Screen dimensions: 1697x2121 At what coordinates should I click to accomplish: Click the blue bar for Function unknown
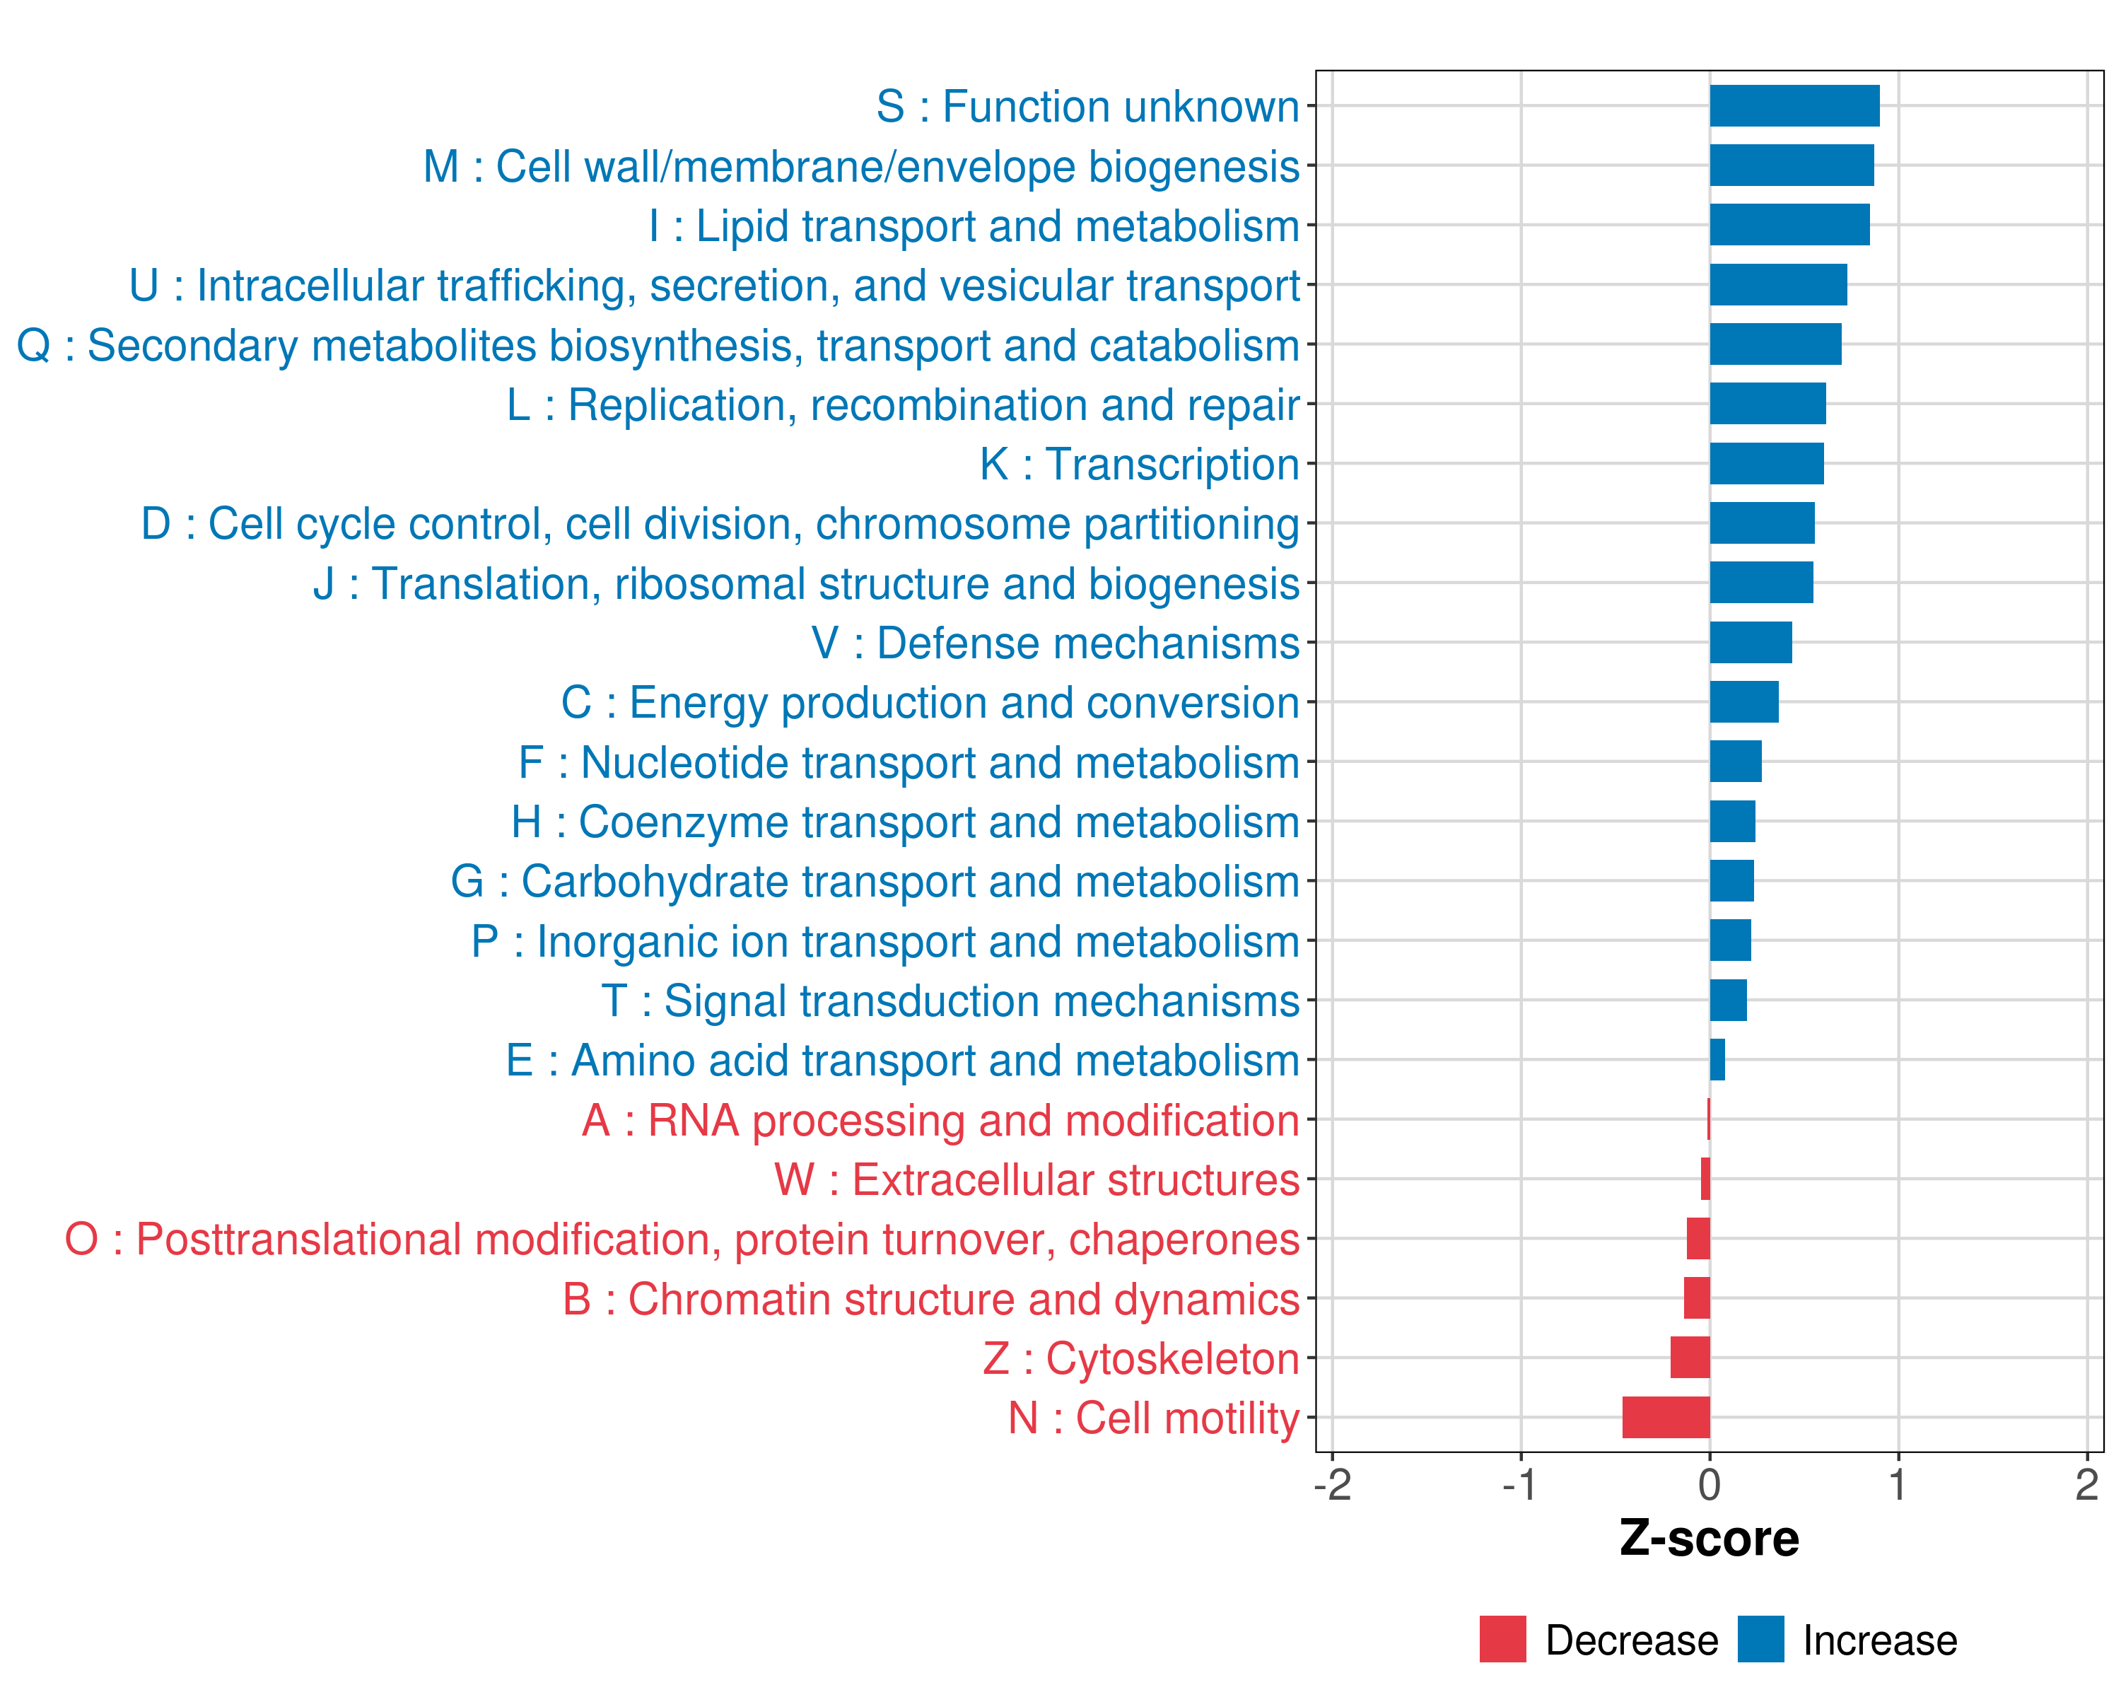[x=1794, y=106]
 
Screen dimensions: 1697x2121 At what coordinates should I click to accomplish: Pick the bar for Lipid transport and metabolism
[x=1789, y=226]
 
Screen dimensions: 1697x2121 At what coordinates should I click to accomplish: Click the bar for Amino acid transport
[x=1717, y=1059]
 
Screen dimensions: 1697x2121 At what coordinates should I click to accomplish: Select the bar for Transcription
[x=1766, y=463]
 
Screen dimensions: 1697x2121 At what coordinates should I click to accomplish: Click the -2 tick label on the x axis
[x=1332, y=1484]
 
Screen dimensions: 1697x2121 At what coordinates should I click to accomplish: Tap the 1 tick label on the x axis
[x=1898, y=1484]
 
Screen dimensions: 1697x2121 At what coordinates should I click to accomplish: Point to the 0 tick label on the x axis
[x=1710, y=1484]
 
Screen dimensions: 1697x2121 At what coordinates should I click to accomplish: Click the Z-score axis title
[x=1709, y=1538]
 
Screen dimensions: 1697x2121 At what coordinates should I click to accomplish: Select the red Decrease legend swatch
[x=1502, y=1639]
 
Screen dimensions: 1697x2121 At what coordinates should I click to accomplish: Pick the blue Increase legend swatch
[x=1760, y=1639]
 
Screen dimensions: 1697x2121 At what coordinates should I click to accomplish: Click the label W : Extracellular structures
[x=1037, y=1179]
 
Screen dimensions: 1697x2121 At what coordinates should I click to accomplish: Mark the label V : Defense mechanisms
[x=1056, y=643]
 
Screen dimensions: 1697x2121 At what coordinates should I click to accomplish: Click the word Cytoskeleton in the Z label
[x=1171, y=1358]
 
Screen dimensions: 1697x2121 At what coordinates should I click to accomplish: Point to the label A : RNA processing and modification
[x=940, y=1121]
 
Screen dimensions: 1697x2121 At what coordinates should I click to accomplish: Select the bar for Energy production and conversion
[x=1743, y=701]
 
